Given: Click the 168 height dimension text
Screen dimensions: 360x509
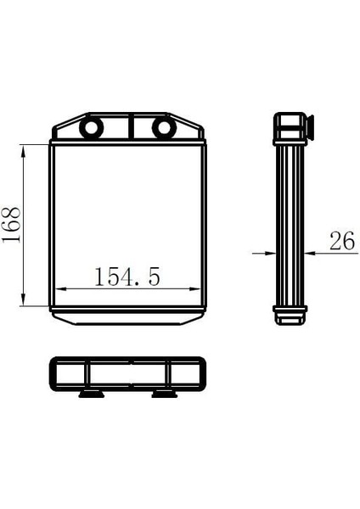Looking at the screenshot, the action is [11, 225].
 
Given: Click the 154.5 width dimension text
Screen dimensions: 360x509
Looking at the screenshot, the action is [127, 277].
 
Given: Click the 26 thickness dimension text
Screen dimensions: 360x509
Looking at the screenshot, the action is [342, 241].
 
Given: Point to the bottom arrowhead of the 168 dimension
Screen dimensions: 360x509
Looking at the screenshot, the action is [23, 299].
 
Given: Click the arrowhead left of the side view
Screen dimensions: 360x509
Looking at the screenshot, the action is [270, 253].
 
